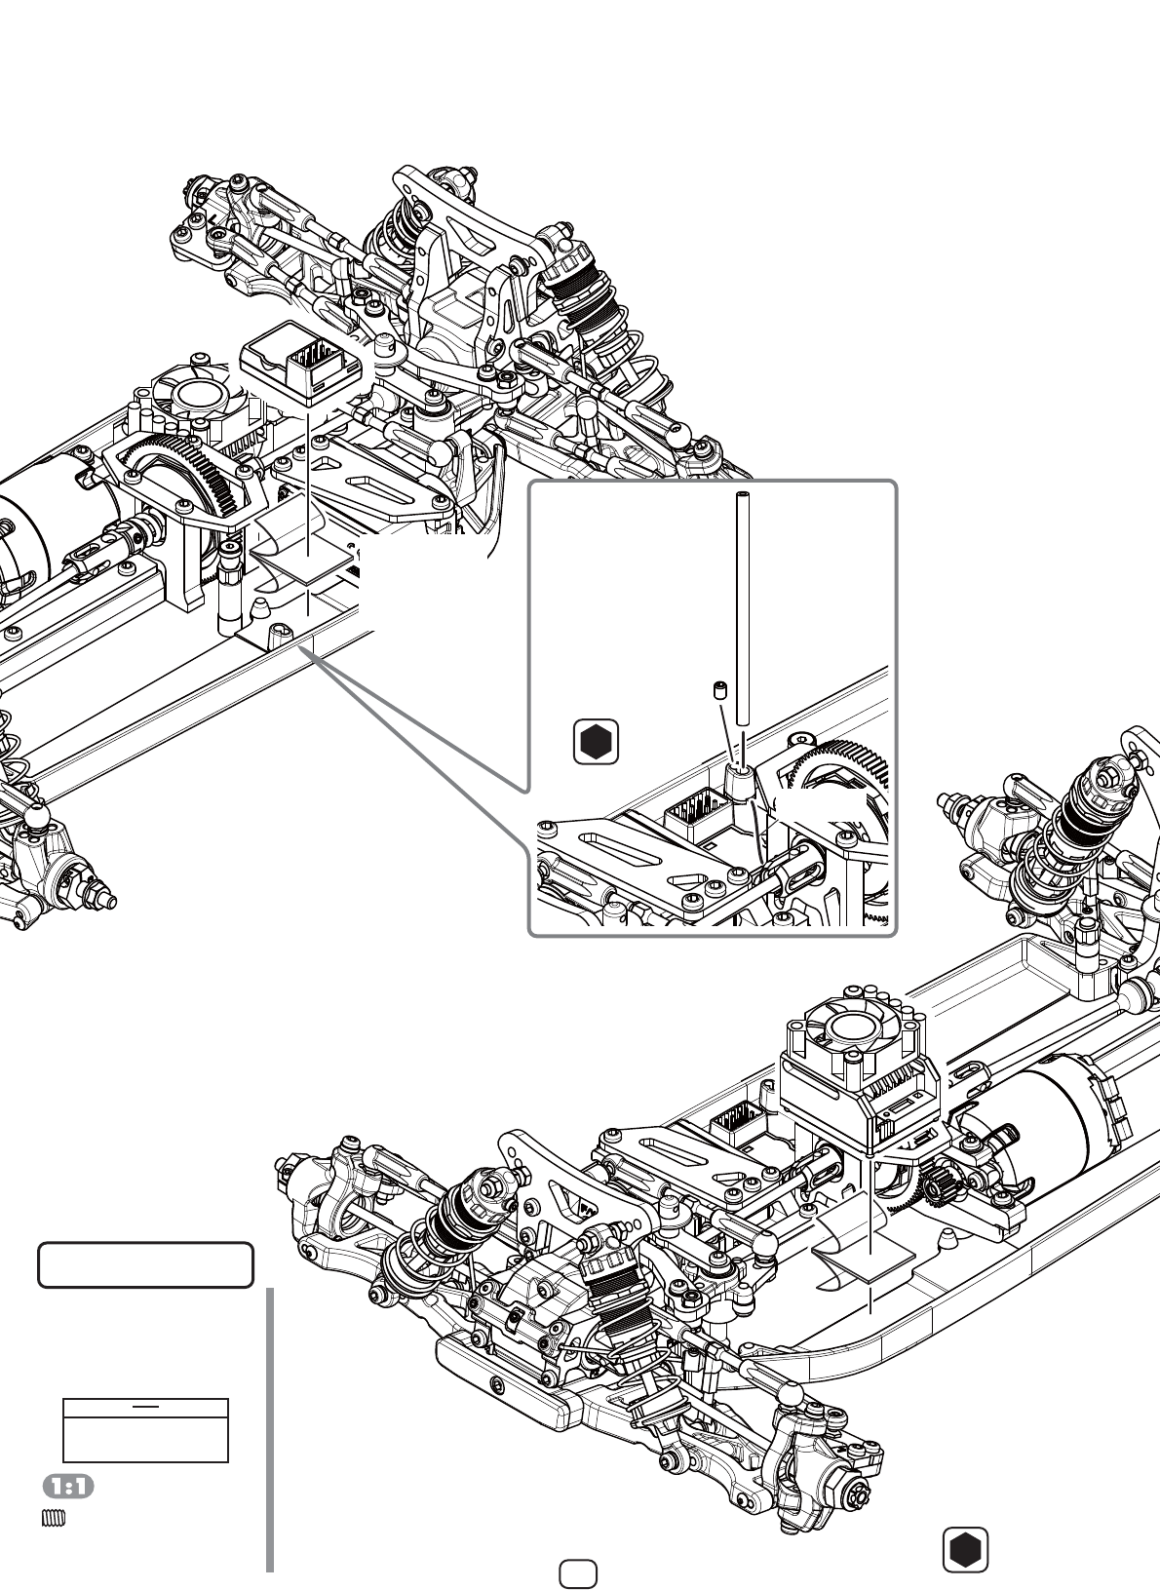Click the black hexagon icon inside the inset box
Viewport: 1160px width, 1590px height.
pyautogui.click(x=596, y=742)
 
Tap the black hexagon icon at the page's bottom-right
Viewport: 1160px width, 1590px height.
pyautogui.click(x=965, y=1549)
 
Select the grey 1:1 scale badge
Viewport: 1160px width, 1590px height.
pyautogui.click(x=69, y=1486)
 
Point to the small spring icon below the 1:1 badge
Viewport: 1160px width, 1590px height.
pyautogui.click(x=54, y=1518)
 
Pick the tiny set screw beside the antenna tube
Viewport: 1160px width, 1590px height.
pyautogui.click(x=718, y=690)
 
